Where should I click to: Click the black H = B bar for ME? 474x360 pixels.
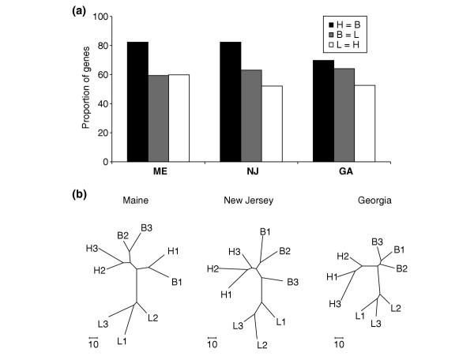click(x=137, y=102)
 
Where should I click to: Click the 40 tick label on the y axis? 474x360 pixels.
click(x=102, y=104)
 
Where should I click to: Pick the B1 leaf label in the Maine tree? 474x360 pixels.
click(x=176, y=281)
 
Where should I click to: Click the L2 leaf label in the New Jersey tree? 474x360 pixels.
click(x=262, y=345)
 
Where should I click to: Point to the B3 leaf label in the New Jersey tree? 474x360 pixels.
click(x=292, y=281)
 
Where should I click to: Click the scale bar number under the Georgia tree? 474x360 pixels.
click(x=339, y=343)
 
